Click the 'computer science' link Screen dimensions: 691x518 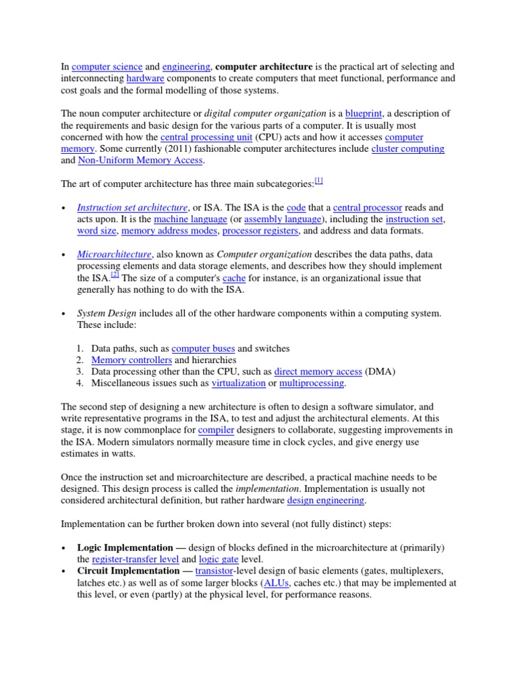point(107,67)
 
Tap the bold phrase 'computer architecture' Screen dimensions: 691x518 point(264,67)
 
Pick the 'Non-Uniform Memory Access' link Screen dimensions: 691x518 point(140,161)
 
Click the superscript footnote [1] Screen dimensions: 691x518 point(319,181)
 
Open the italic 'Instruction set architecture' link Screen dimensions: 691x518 point(132,207)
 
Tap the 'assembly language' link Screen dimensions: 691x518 point(283,219)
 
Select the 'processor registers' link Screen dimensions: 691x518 point(260,231)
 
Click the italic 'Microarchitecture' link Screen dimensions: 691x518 point(114,254)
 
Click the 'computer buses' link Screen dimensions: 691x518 point(203,348)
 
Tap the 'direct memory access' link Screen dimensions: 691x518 point(318,372)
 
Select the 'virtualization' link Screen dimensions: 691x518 point(239,383)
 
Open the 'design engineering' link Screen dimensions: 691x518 point(326,500)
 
